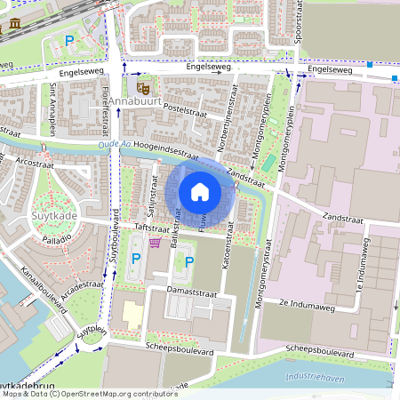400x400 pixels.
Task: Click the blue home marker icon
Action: click(x=200, y=191)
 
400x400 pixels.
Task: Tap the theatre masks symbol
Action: click(x=142, y=87)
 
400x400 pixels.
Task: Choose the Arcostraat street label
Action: click(x=36, y=163)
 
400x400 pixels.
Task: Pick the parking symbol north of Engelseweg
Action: click(x=68, y=40)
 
